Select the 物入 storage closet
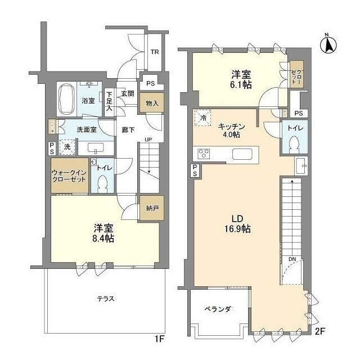(151, 103)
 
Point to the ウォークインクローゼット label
(69, 175)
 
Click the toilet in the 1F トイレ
(102, 183)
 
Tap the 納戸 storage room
(150, 208)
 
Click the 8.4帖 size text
(104, 238)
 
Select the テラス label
(105, 299)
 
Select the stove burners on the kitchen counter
(203, 154)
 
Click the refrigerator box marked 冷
(203, 118)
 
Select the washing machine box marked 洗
(67, 146)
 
